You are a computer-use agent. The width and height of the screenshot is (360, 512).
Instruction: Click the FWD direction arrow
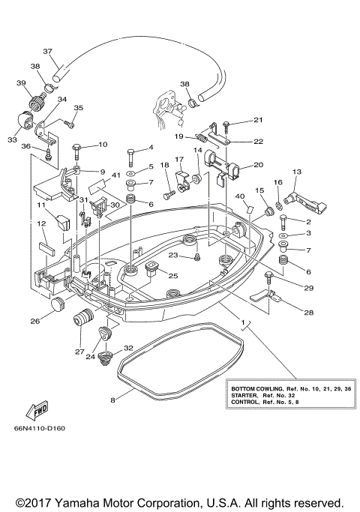point(37,409)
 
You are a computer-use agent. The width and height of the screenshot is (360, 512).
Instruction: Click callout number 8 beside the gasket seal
point(113,400)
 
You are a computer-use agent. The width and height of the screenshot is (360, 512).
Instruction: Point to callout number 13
point(296,172)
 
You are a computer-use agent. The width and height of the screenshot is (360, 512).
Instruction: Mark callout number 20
point(258,165)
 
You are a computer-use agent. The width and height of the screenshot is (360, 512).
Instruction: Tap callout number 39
point(21,82)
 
